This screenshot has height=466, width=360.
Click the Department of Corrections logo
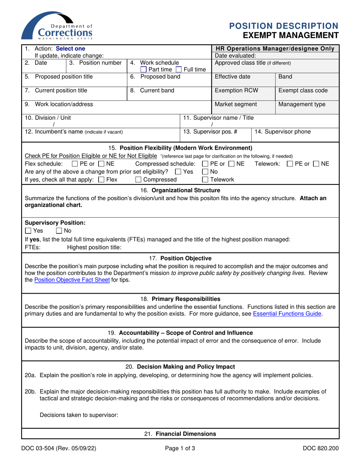click(x=57, y=26)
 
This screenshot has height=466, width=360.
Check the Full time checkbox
click(x=178, y=69)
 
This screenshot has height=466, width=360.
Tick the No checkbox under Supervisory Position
click(x=59, y=231)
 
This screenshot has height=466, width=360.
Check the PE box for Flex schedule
click(x=75, y=164)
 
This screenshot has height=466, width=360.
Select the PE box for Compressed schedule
click(x=205, y=164)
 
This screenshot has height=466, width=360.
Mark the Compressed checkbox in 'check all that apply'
click(x=139, y=180)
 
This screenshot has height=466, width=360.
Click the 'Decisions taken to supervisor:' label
click(x=79, y=415)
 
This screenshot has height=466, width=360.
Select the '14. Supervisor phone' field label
click(x=282, y=131)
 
